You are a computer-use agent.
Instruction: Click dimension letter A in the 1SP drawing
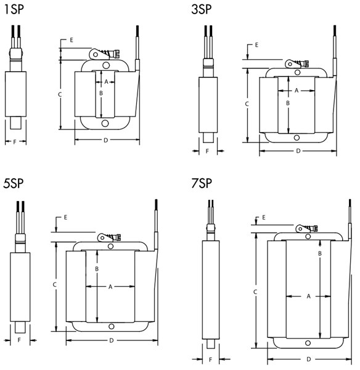pyautogui.click(x=106, y=81)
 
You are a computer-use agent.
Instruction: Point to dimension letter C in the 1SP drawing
pyautogui.click(x=60, y=95)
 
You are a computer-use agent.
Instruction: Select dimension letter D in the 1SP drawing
pyautogui.click(x=105, y=141)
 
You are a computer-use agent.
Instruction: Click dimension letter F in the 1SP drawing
pyautogui.click(x=15, y=142)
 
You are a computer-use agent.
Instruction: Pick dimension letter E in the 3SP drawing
pyautogui.click(x=256, y=46)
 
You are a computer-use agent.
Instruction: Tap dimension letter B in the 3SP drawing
pyautogui.click(x=287, y=103)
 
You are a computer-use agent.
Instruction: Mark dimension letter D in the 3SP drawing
pyautogui.click(x=298, y=150)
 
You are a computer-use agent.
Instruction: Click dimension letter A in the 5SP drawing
pyautogui.click(x=110, y=287)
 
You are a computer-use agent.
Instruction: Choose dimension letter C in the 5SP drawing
pyautogui.click(x=55, y=285)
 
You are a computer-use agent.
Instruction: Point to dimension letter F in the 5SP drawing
pyautogui.click(x=19, y=340)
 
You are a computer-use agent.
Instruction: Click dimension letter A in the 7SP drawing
pyautogui.click(x=308, y=297)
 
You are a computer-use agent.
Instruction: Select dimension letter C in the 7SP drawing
pyautogui.click(x=255, y=291)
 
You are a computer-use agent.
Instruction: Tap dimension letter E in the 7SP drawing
pyautogui.click(x=264, y=218)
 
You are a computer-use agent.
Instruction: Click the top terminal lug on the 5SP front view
pyautogui.click(x=102, y=237)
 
